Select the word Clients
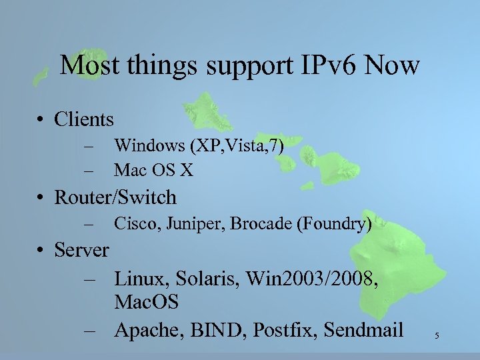point(85,119)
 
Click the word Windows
point(150,145)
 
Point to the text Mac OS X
point(154,171)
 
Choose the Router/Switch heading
point(115,197)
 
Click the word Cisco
point(134,223)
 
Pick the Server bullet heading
point(81,250)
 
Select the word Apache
point(149,329)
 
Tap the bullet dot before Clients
point(41,121)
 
